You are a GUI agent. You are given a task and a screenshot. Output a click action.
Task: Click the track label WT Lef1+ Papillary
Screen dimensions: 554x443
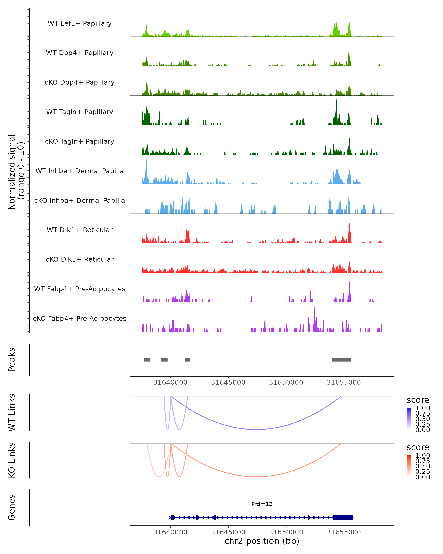80,23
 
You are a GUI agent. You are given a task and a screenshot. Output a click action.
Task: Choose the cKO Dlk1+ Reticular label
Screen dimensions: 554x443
80,259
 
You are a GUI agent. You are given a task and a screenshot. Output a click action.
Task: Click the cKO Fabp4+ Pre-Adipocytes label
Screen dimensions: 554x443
80,318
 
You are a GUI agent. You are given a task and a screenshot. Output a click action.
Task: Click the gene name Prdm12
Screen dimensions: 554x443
262,504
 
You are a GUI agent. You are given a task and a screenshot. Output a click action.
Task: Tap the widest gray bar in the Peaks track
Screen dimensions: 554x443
341,360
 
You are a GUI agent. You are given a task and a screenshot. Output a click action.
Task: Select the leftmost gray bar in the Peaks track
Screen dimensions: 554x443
147,360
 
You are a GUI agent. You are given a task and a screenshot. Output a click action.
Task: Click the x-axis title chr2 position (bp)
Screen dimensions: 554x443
262,541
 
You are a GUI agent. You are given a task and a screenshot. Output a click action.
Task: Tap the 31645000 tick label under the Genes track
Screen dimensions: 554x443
228,532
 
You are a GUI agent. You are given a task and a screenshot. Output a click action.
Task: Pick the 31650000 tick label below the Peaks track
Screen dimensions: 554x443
286,382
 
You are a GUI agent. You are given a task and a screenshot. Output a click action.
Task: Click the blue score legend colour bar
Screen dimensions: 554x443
409,419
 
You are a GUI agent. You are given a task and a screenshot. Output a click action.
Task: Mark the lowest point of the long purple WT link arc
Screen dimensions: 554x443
256,429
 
